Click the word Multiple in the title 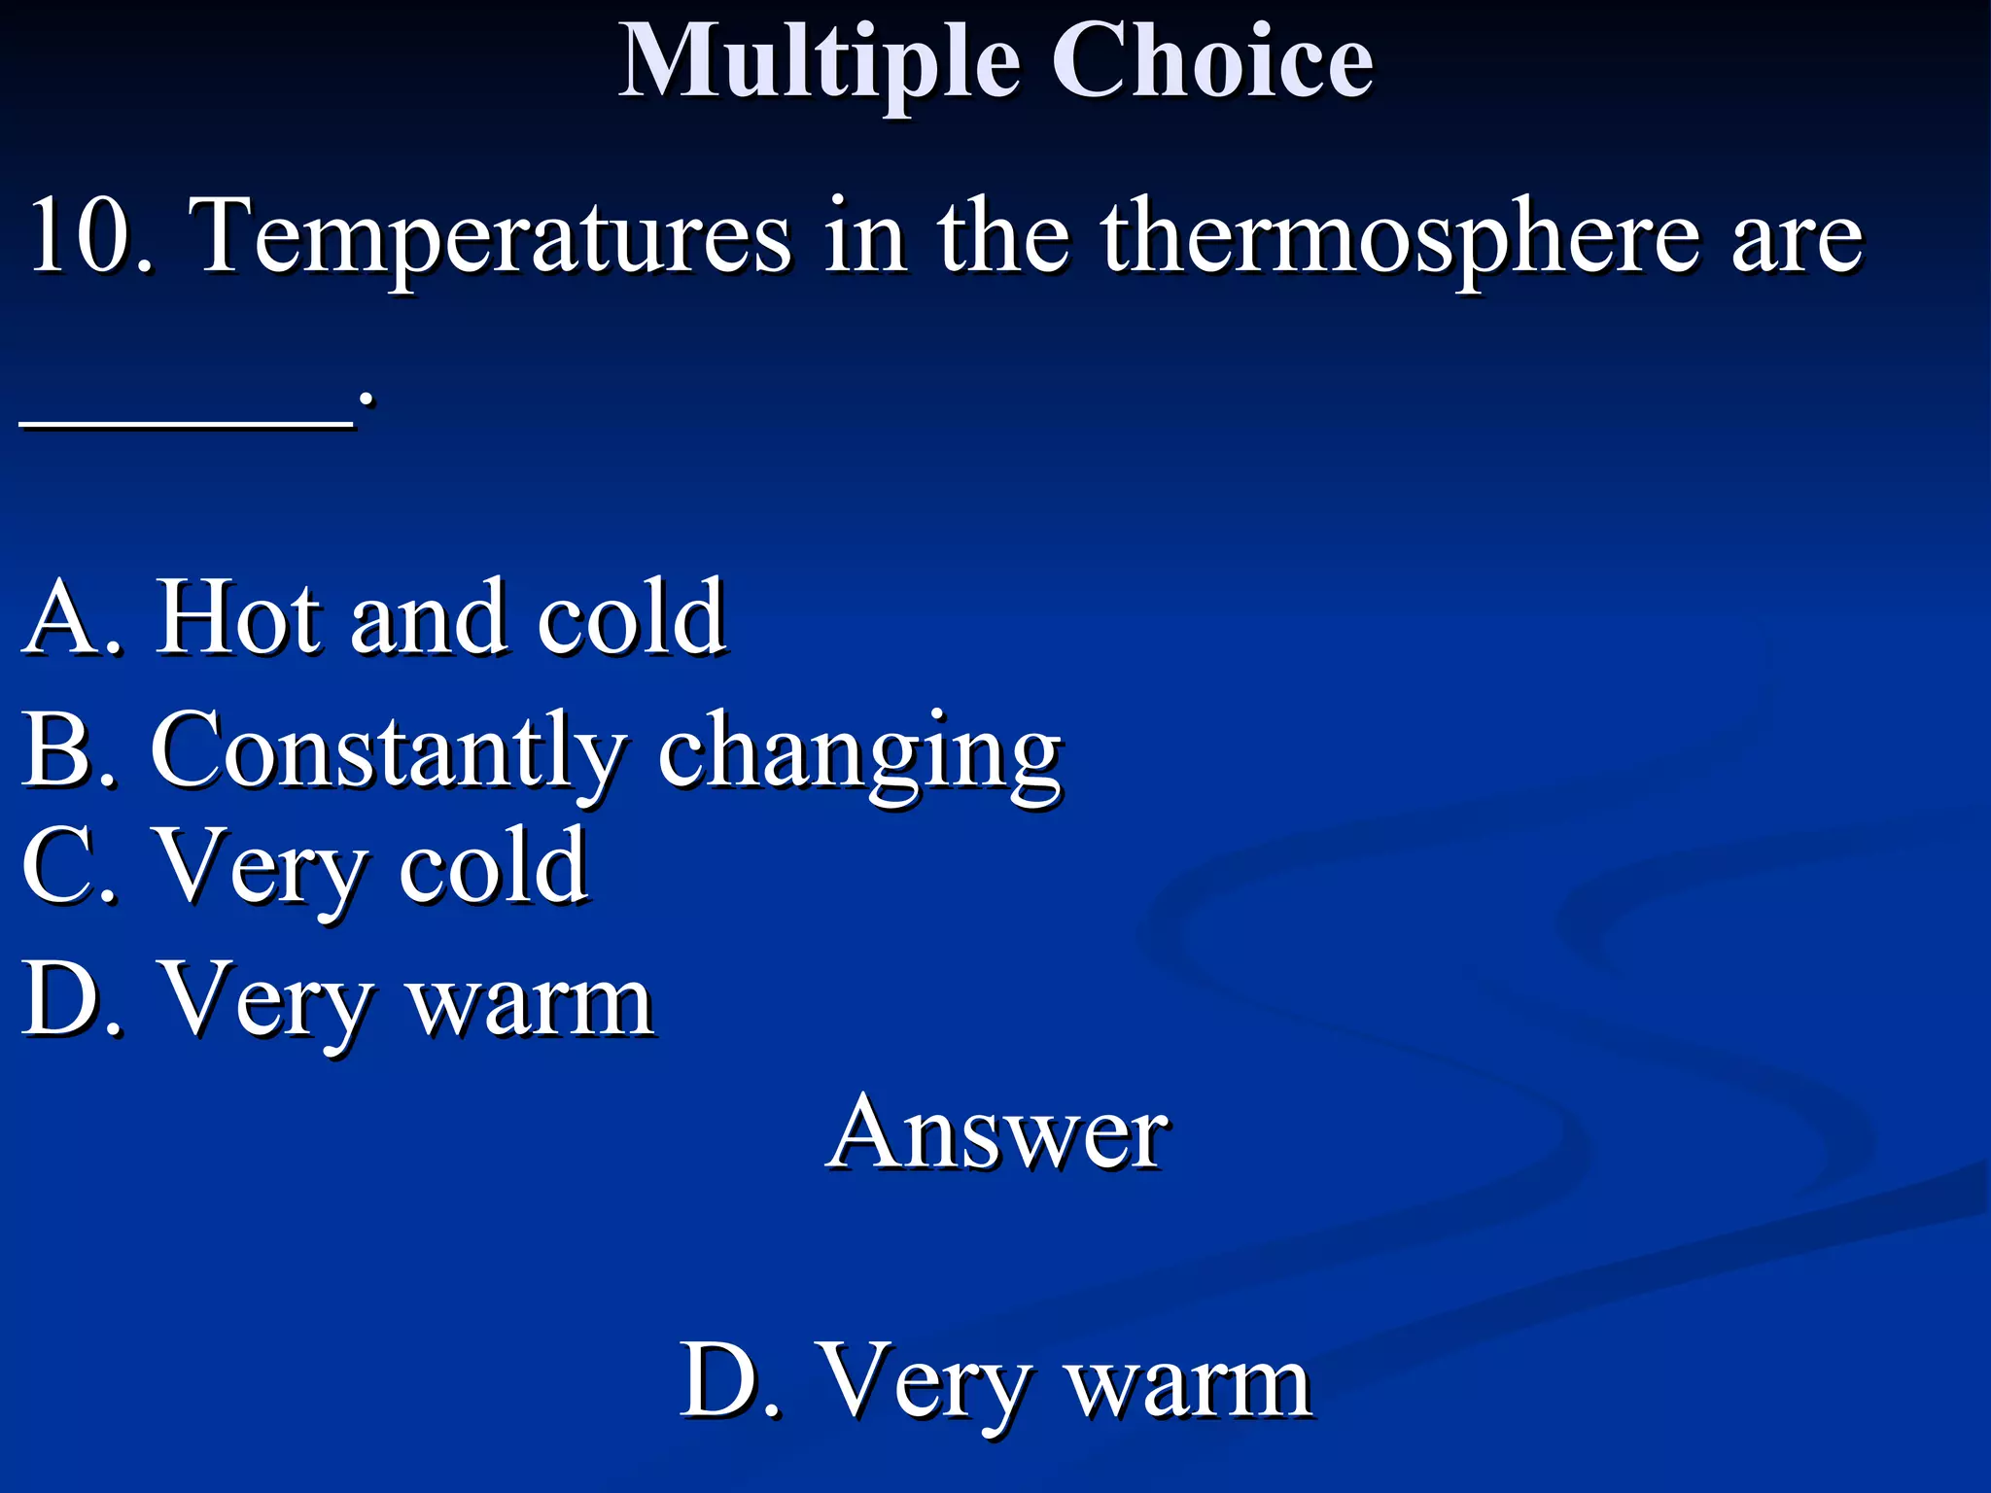tap(820, 63)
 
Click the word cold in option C tap(492, 866)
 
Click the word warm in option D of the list tap(531, 1005)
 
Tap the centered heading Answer tap(997, 1133)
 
